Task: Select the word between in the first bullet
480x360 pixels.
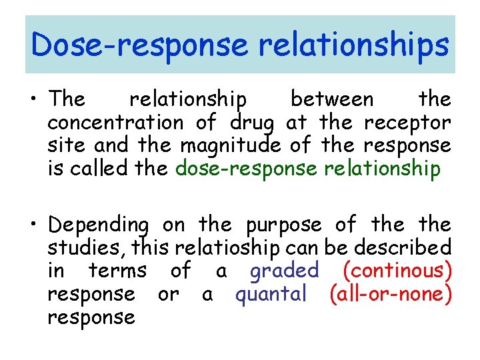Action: coord(333,99)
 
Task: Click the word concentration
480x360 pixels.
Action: coord(115,123)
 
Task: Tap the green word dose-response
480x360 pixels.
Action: coord(246,169)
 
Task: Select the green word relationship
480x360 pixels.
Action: coord(382,169)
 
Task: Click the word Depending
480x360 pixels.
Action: coord(99,225)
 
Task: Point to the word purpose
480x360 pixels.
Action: coord(284,225)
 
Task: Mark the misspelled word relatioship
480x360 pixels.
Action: coord(227,247)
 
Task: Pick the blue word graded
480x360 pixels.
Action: coord(285,271)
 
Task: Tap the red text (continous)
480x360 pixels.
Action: coord(397,271)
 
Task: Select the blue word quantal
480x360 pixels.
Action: coord(271,294)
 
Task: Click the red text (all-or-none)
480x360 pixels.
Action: coord(390,294)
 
